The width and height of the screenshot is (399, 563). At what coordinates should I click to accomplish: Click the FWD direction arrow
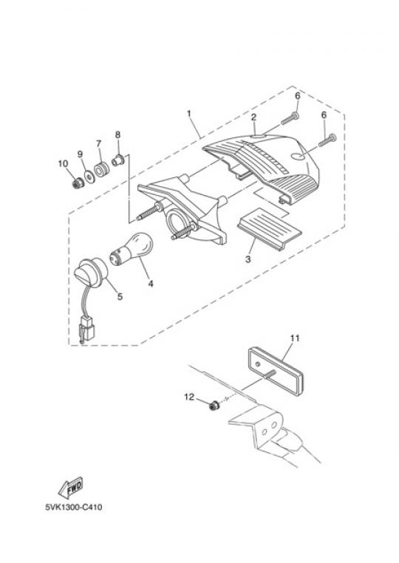[71, 487]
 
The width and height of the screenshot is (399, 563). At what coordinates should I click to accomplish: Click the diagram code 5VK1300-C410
[74, 508]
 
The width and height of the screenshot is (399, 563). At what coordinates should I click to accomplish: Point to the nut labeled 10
[78, 184]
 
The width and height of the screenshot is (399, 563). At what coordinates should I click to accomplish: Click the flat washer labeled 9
[89, 177]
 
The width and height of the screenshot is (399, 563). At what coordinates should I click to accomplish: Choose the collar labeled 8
[117, 160]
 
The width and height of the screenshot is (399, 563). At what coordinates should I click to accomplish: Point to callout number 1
[189, 114]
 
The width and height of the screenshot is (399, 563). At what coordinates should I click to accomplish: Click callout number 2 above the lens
[253, 117]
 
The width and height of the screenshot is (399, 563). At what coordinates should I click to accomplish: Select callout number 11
[295, 338]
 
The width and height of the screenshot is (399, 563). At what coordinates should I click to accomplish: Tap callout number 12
[189, 397]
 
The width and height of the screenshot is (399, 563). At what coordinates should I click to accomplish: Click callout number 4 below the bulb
[151, 284]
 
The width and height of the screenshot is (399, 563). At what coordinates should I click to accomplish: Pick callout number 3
[248, 259]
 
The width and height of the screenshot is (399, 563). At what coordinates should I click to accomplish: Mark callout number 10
[63, 164]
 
